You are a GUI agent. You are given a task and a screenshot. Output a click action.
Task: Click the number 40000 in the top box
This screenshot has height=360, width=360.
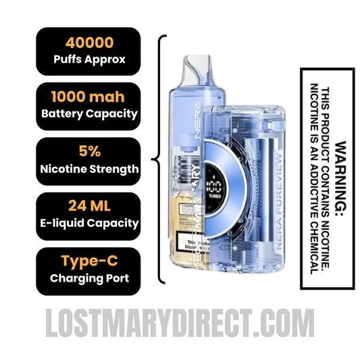click(x=89, y=44)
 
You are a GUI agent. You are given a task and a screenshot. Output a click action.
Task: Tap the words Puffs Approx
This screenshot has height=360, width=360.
click(x=89, y=59)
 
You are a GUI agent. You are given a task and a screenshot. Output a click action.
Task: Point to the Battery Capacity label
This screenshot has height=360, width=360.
click(x=89, y=113)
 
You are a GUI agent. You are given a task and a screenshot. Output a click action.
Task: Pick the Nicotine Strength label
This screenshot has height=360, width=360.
click(x=89, y=169)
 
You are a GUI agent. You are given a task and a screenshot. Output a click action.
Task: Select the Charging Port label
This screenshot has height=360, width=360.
click(x=89, y=278)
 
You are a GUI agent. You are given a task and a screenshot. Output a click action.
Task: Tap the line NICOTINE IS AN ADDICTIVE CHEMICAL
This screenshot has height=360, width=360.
click(x=314, y=178)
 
